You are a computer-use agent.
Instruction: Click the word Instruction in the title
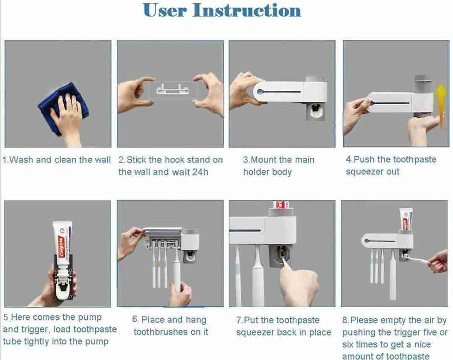pyautogui.click(x=247, y=10)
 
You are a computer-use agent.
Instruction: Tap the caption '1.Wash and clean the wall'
pyautogui.click(x=57, y=160)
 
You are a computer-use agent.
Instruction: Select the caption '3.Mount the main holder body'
pyautogui.click(x=279, y=166)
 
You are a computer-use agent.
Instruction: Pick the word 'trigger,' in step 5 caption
pyautogui.click(x=37, y=330)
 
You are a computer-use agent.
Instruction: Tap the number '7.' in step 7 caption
pyautogui.click(x=239, y=320)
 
